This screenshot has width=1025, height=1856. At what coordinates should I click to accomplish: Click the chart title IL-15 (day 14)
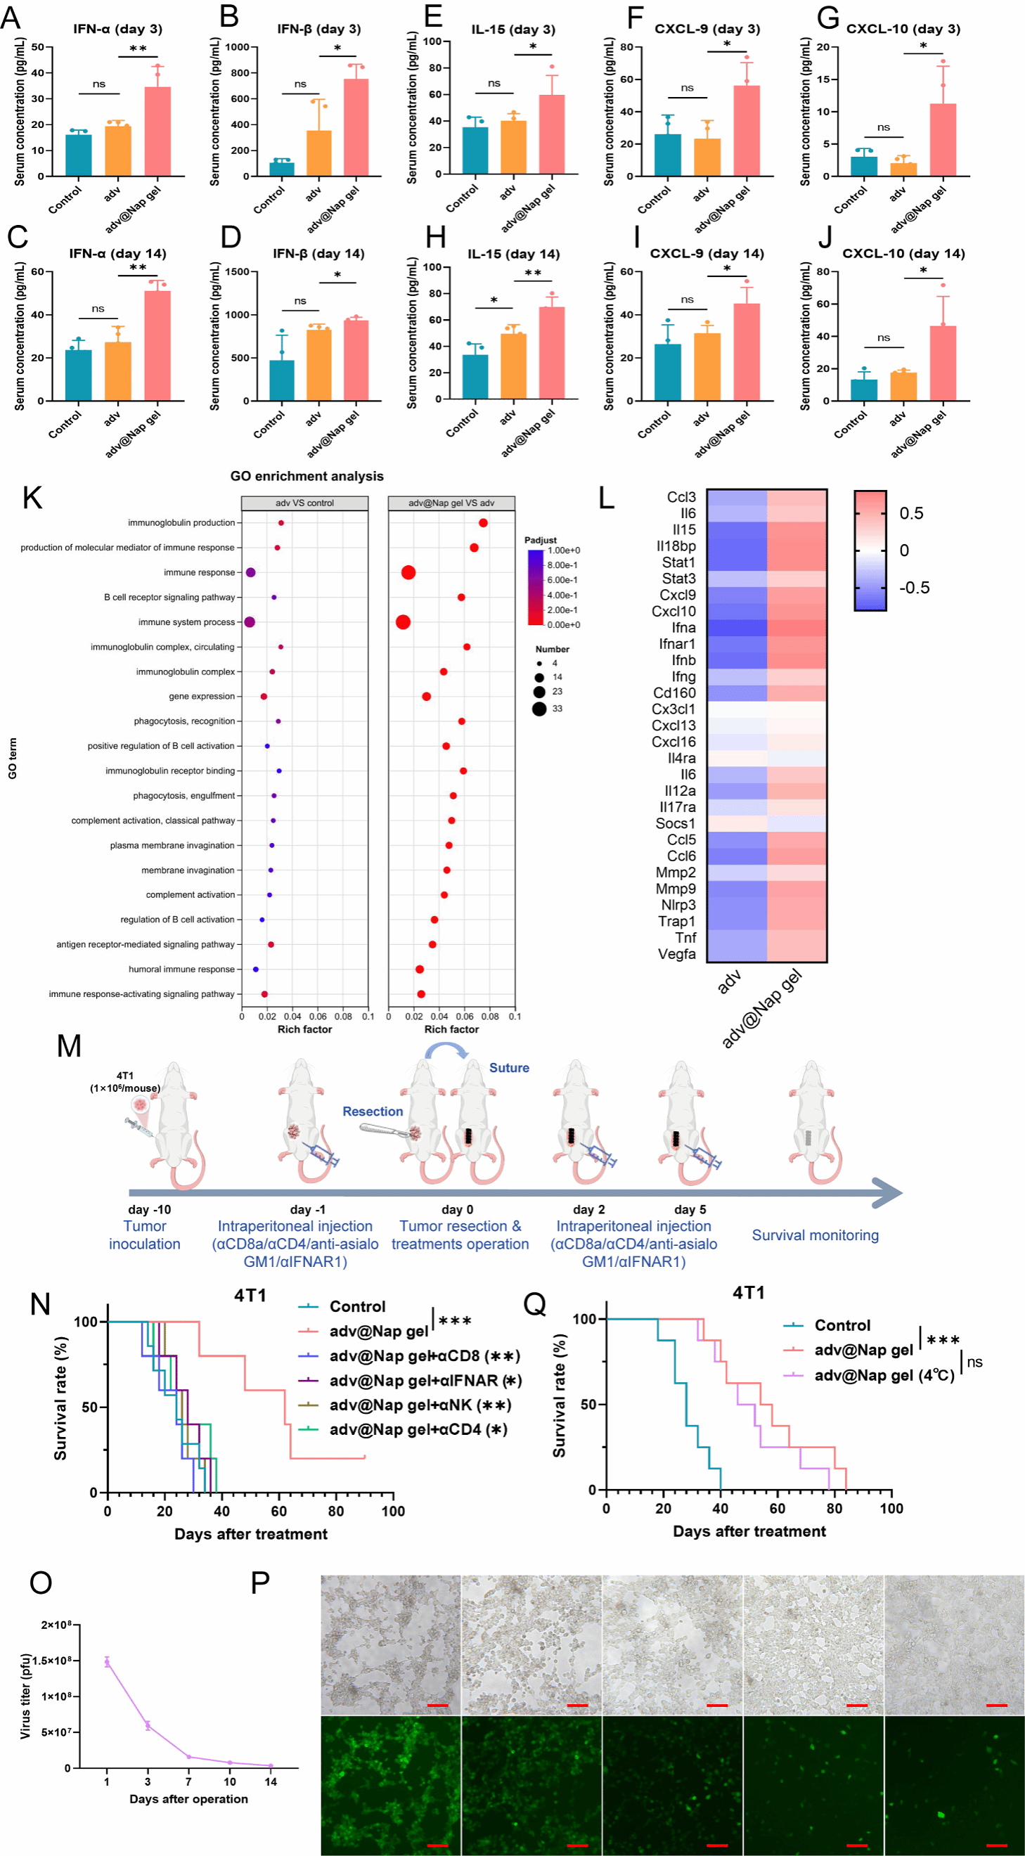click(513, 254)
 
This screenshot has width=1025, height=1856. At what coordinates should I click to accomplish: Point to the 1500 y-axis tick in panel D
click(237, 271)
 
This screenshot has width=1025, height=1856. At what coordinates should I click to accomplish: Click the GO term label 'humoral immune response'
click(181, 969)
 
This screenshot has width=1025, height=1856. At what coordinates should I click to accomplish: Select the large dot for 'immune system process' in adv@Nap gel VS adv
click(403, 621)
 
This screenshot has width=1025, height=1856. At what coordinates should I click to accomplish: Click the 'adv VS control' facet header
click(304, 503)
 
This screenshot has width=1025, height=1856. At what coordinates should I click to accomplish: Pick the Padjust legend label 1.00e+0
click(563, 550)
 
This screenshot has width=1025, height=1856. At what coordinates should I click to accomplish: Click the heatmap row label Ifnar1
click(677, 643)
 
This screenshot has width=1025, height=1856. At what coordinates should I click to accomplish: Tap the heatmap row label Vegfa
click(677, 954)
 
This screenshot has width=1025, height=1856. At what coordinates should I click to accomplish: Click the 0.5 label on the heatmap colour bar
click(911, 513)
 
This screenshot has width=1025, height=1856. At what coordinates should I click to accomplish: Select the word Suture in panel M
click(508, 1068)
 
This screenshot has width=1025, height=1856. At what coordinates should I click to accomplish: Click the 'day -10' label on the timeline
click(149, 1210)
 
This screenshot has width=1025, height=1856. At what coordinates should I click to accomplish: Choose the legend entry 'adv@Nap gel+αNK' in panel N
click(419, 1405)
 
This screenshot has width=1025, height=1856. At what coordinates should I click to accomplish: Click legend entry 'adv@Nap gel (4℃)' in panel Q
click(884, 1375)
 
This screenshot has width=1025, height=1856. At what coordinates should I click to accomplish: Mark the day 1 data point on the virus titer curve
click(107, 1662)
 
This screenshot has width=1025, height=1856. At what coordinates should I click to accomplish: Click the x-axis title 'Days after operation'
click(188, 1799)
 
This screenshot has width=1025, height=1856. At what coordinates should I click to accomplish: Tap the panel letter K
click(32, 498)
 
